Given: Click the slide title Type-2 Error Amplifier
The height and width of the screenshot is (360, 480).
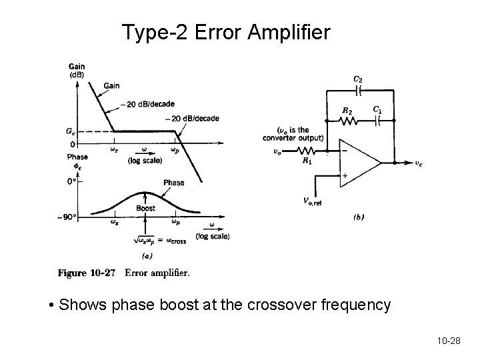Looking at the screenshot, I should tap(226, 31).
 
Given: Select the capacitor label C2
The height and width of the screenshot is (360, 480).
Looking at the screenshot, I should tap(358, 79).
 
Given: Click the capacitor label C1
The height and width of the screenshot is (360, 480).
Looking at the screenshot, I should tap(377, 109).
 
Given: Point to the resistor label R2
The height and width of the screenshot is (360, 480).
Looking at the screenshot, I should tap(347, 111).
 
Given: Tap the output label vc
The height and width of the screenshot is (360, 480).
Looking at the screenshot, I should tap(418, 163).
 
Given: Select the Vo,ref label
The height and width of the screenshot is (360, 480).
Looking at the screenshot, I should tap(312, 202).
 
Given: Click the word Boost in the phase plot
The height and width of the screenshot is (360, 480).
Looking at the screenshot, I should tap(145, 208).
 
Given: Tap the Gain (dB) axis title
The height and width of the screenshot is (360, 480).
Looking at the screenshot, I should tap(77, 70).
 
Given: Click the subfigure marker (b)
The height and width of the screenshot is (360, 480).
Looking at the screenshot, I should tap(357, 217).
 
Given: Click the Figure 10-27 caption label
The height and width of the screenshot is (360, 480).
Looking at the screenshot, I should tap(86, 273).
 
